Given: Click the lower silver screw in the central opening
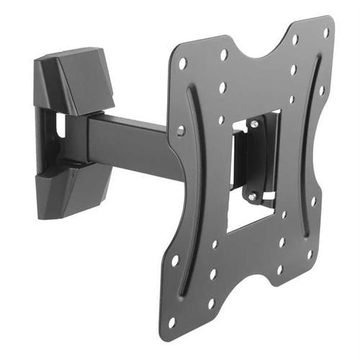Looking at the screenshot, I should (251, 195).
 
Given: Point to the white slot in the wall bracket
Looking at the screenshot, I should (60, 127).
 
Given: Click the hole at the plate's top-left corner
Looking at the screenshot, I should (182, 63).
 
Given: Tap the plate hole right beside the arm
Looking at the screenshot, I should (181, 130).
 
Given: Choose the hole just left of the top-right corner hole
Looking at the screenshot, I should (296, 39).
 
